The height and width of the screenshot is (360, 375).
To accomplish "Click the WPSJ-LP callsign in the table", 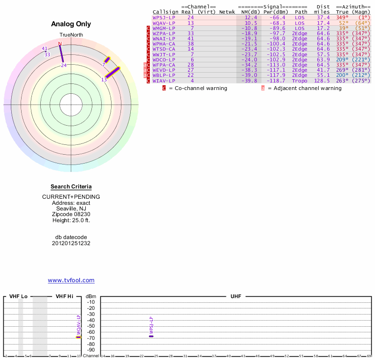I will (164, 17).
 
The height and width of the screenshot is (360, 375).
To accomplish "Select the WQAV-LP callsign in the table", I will (164, 23).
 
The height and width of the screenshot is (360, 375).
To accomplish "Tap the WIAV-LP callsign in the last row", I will (164, 81).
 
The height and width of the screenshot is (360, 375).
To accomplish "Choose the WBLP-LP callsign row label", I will (164, 75).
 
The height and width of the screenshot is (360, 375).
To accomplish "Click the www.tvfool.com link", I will (71, 280).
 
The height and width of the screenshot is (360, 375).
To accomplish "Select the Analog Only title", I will (71, 24).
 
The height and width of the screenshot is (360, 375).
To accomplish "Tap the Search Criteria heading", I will (71, 187).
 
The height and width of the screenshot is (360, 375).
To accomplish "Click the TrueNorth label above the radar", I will (71, 35).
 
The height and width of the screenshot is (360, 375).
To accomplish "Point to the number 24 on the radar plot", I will (64, 66).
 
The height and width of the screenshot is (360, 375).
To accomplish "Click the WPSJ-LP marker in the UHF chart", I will (151, 336).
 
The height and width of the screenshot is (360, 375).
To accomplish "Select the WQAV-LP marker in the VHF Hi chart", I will (79, 337).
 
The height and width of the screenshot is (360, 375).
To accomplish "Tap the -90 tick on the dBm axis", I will (90, 350).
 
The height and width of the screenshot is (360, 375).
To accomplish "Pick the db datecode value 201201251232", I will (71, 243).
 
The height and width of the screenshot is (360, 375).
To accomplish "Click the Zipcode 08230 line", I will (71, 214).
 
